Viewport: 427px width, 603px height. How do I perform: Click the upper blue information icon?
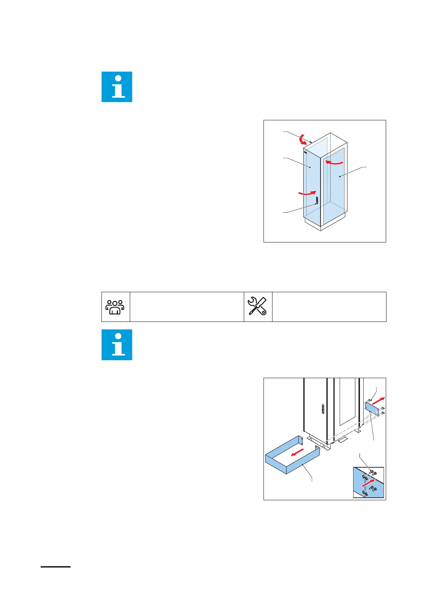point(117,87)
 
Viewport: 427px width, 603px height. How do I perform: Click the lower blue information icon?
point(117,344)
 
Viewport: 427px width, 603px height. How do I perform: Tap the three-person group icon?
point(115,307)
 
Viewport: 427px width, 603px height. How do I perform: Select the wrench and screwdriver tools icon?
point(257,307)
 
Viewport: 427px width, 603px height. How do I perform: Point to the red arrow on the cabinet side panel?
point(334,163)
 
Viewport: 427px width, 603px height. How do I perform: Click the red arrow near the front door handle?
point(307,193)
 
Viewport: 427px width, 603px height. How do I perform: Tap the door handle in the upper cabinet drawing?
point(317,201)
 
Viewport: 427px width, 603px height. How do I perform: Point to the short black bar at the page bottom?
point(56,567)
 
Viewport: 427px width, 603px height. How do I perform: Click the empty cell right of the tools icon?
point(329,307)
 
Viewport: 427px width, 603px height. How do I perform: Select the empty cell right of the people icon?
point(186,307)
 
